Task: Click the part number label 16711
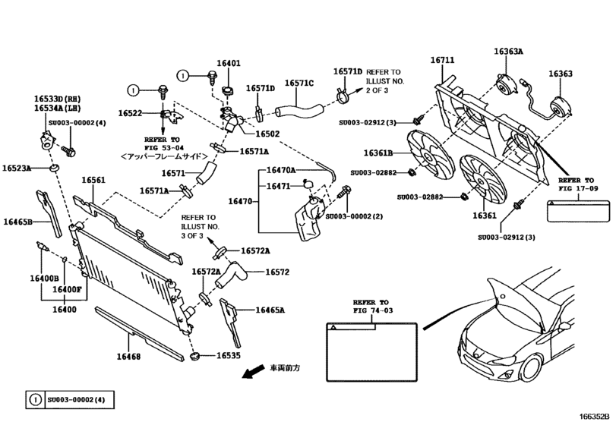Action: (x=444, y=59)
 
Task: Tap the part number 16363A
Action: (x=508, y=52)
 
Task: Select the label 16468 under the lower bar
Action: (x=128, y=356)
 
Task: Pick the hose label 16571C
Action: (x=299, y=83)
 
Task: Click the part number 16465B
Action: (x=18, y=222)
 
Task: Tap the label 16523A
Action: (x=17, y=168)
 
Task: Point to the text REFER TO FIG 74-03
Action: (x=371, y=305)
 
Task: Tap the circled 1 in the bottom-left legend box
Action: (x=35, y=399)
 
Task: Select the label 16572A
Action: (x=256, y=250)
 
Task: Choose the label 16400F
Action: (x=68, y=289)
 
